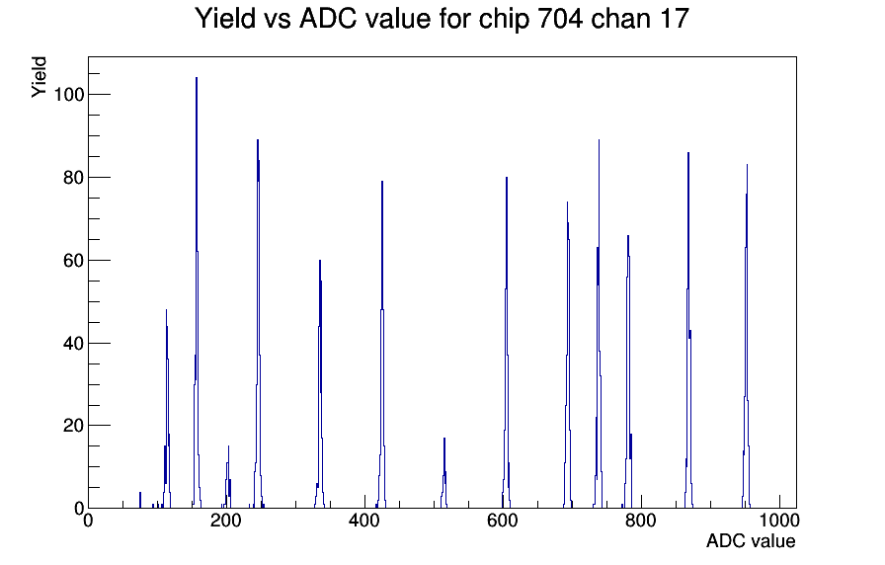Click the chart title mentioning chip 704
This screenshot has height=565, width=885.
point(442,18)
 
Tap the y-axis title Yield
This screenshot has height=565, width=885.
point(39,77)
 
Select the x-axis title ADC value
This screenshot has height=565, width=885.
point(751,540)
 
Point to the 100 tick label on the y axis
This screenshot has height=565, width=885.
point(68,94)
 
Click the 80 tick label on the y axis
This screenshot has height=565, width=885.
point(73,177)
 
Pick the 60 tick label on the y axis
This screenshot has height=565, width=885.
point(73,260)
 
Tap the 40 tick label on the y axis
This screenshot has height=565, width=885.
point(73,343)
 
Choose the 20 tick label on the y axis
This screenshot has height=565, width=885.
point(73,426)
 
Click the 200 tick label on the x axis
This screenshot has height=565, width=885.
point(226,520)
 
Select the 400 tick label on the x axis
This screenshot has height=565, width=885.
point(364,520)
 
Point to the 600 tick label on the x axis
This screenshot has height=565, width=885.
point(503,520)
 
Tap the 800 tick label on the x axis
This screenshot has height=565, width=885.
point(641,520)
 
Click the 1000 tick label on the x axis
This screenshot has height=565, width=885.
point(778,520)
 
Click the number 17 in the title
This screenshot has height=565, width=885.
point(673,18)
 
